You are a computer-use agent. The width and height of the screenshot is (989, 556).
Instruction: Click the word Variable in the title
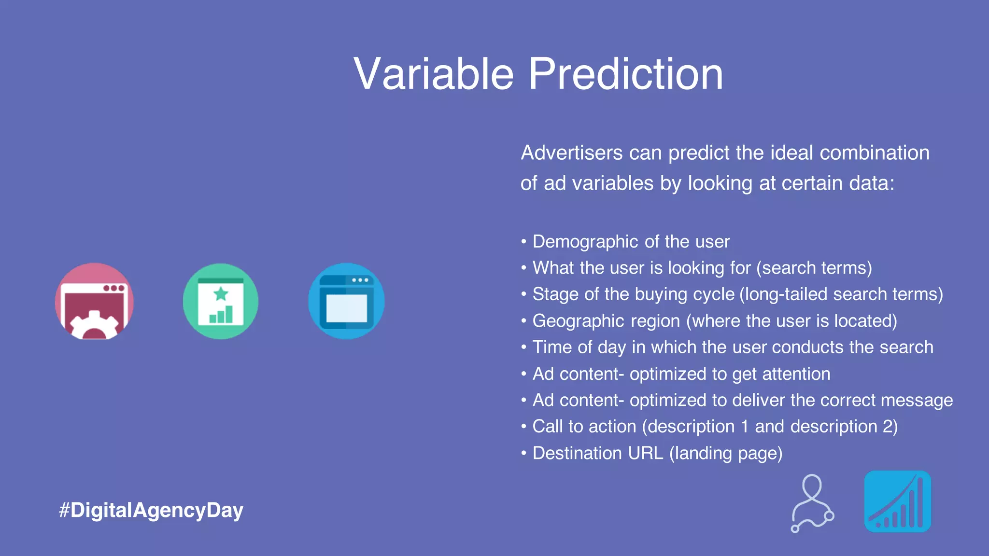[433, 73]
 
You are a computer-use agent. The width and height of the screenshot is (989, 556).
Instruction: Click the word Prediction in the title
[626, 73]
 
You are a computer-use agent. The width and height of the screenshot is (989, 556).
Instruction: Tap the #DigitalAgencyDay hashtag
[151, 510]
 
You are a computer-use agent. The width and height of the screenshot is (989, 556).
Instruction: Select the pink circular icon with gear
[94, 301]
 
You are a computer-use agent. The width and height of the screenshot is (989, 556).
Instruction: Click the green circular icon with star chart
[221, 301]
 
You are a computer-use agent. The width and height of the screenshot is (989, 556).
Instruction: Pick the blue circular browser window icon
[346, 301]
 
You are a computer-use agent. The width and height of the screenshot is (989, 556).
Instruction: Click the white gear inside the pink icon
[94, 326]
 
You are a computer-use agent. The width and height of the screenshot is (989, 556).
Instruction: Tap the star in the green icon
[221, 293]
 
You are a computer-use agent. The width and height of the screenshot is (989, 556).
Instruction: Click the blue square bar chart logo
[897, 501]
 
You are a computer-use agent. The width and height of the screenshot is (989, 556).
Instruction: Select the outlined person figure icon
[812, 503]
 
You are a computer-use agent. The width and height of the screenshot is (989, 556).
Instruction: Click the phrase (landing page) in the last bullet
[726, 453]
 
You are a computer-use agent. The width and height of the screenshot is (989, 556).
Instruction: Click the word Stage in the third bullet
[555, 294]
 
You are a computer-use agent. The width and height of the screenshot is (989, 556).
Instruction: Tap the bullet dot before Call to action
[523, 427]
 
